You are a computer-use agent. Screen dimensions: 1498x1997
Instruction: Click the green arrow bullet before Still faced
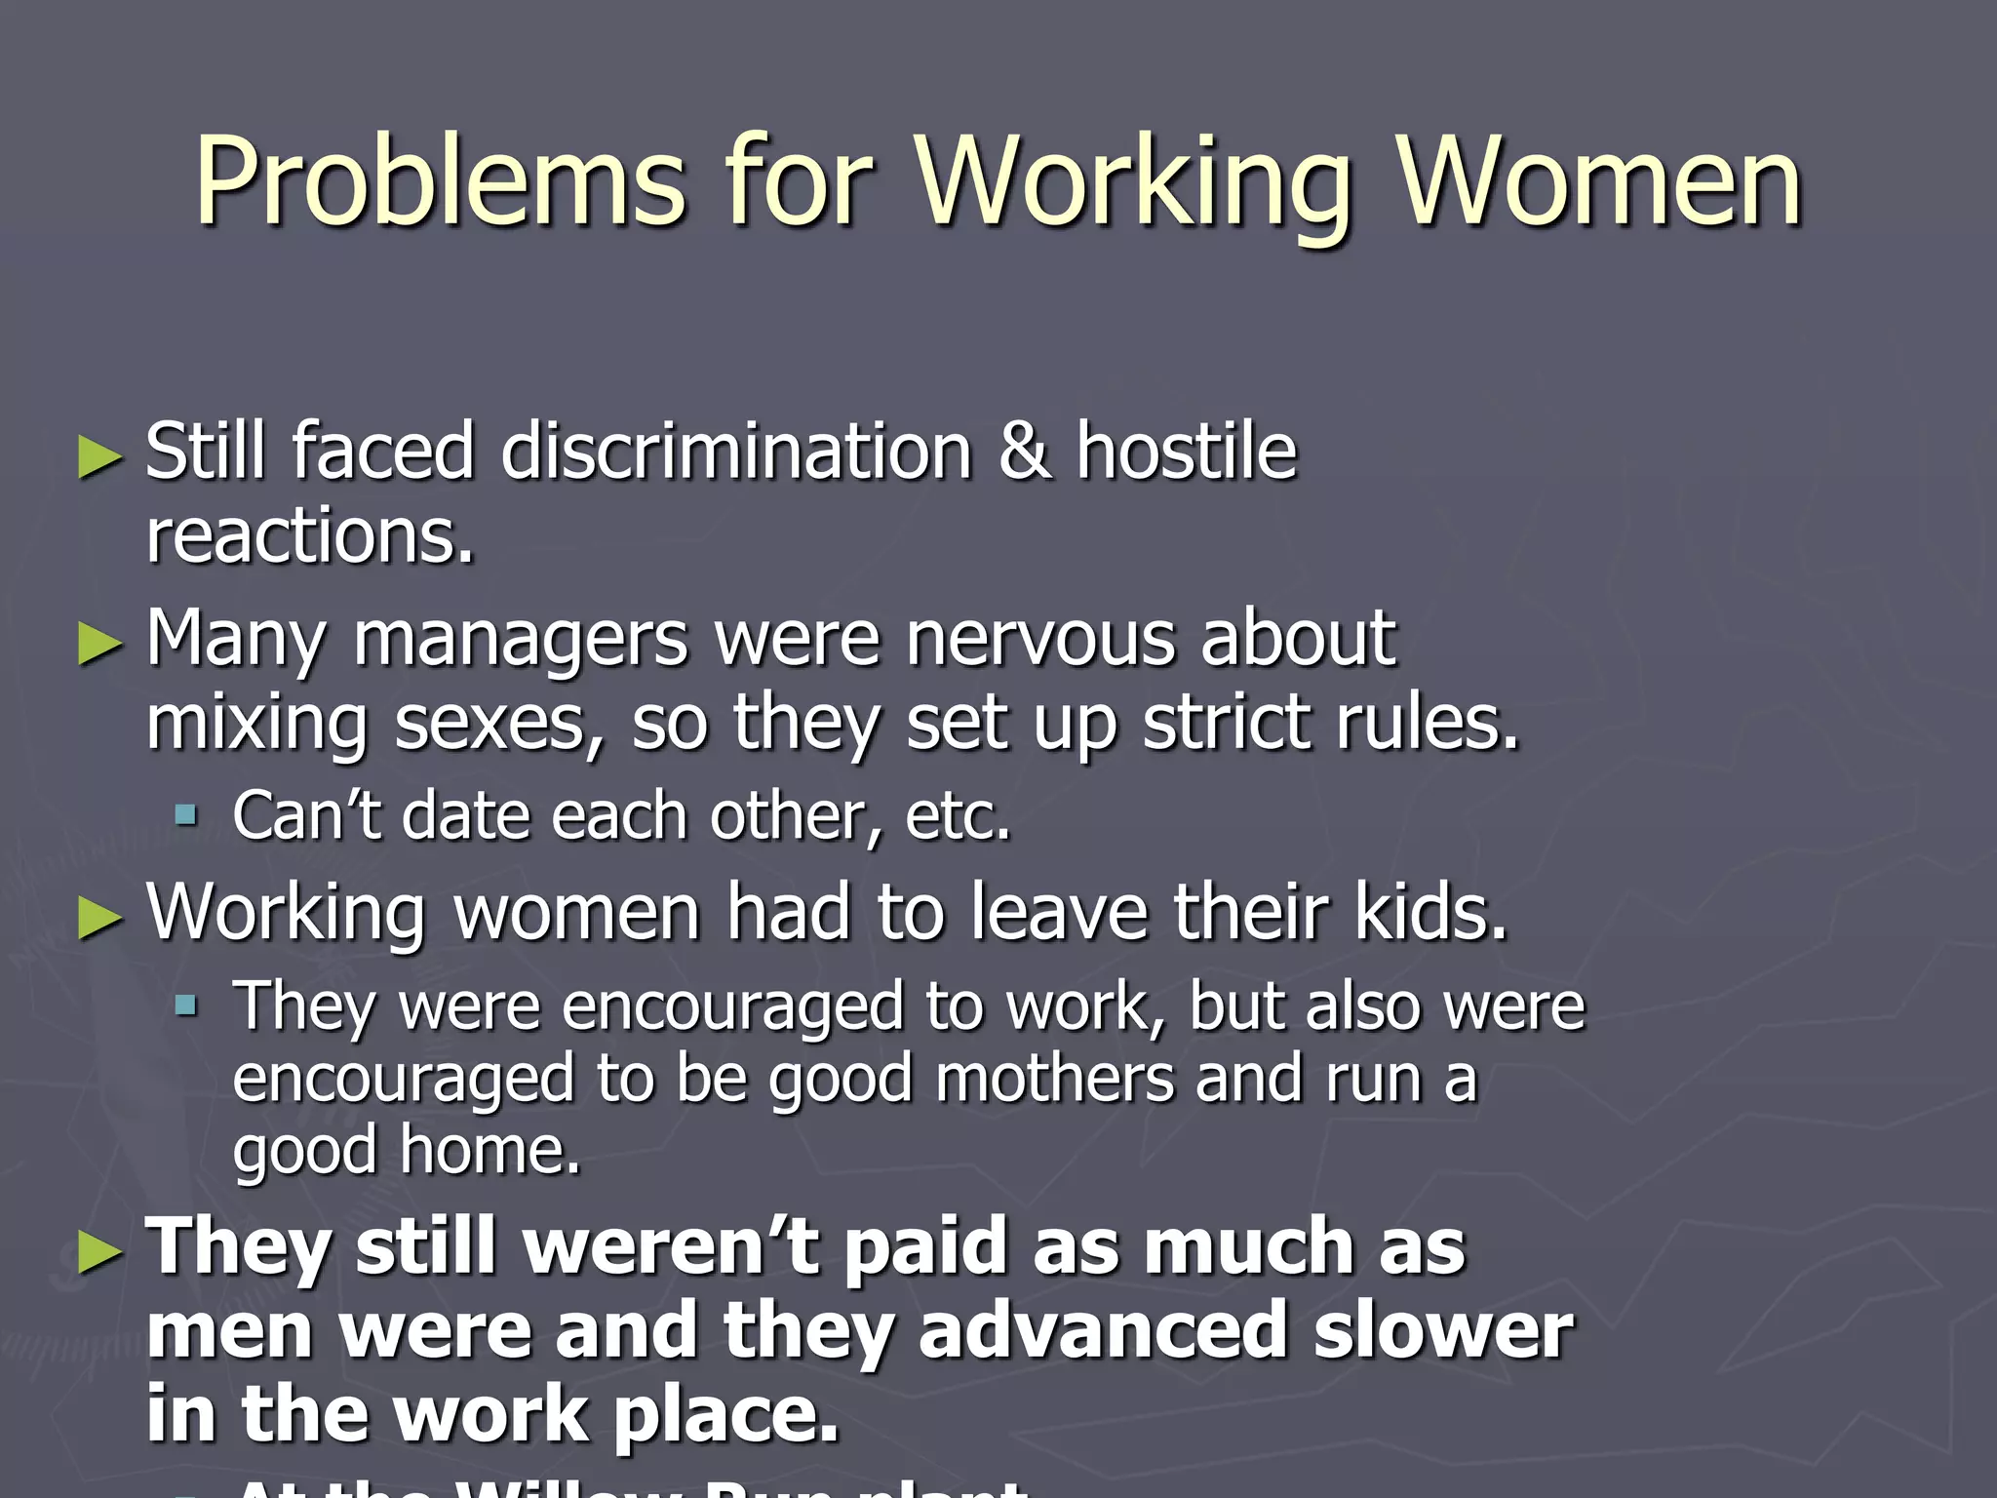pyautogui.click(x=100, y=456)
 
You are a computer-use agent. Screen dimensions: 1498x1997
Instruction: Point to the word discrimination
pyautogui.click(x=736, y=453)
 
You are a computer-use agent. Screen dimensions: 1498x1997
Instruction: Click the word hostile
pyautogui.click(x=1187, y=453)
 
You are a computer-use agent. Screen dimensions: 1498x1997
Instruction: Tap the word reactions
pyautogui.click(x=309, y=537)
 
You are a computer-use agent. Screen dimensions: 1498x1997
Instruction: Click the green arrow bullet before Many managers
pyautogui.click(x=100, y=645)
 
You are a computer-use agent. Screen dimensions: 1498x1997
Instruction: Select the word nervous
pyautogui.click(x=1040, y=640)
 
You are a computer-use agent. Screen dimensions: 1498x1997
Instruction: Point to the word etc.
pyautogui.click(x=958, y=815)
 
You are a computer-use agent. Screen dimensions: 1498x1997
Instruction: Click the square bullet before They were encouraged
pyautogui.click(x=185, y=1005)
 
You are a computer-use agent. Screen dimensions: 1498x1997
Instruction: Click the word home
pyautogui.click(x=489, y=1151)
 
